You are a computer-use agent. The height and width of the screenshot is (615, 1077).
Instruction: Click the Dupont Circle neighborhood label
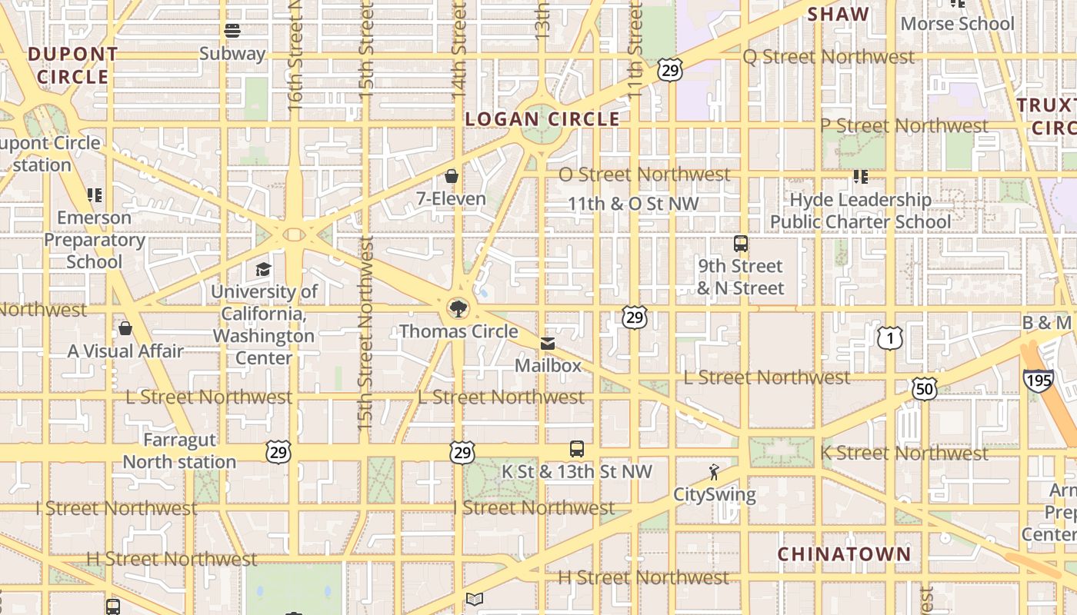[73, 65]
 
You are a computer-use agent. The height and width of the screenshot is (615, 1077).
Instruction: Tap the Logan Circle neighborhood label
[542, 119]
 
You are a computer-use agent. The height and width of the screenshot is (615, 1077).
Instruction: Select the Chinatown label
[844, 554]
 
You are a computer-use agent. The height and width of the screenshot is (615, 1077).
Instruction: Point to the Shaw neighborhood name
[839, 14]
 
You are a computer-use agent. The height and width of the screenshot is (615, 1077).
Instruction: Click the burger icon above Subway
[232, 31]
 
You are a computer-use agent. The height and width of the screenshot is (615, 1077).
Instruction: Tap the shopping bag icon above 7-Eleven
[452, 176]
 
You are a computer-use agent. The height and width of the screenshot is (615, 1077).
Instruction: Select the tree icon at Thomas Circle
[458, 309]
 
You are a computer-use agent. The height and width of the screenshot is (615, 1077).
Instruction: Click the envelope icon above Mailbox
[548, 343]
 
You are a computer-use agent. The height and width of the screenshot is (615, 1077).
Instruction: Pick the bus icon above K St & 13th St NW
[576, 449]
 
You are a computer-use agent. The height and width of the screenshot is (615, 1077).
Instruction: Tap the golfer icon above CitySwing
[715, 472]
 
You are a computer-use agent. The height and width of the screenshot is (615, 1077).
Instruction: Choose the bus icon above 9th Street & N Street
[741, 244]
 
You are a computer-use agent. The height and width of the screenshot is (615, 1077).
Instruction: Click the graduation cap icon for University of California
[264, 269]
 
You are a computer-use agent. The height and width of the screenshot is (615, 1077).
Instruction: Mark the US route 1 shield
[889, 337]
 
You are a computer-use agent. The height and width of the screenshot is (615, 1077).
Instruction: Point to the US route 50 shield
[924, 389]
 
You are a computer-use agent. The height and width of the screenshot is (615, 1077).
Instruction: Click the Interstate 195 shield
[1038, 381]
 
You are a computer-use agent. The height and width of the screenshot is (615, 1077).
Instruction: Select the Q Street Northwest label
[829, 57]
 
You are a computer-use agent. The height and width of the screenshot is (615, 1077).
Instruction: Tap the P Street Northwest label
[904, 125]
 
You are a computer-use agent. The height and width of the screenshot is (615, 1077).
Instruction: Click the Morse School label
[958, 24]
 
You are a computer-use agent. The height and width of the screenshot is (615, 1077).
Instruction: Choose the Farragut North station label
[180, 451]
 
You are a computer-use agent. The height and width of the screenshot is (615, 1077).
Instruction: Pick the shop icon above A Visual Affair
[125, 329]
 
